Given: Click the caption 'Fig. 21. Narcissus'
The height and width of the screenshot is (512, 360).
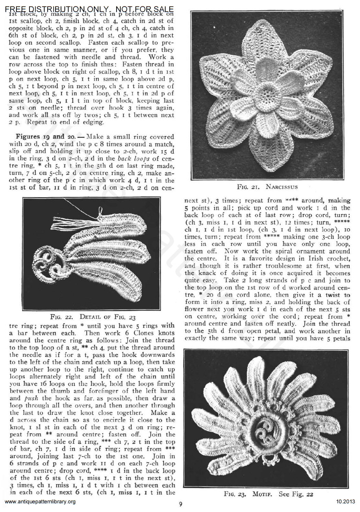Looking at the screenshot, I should [x=267, y=187].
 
